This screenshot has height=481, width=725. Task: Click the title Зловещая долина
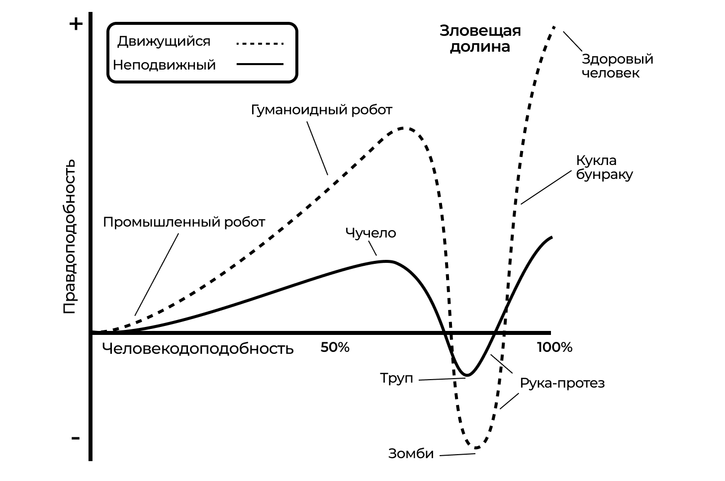click(x=480, y=39)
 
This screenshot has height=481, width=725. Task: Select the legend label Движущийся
click(x=164, y=41)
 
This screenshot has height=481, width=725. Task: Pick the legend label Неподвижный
click(x=164, y=65)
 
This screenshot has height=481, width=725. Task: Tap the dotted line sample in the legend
click(x=260, y=43)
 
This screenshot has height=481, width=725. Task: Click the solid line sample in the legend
click(x=260, y=64)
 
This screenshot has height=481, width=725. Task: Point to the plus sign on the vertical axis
click(x=76, y=24)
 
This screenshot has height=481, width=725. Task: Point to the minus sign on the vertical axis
click(x=76, y=438)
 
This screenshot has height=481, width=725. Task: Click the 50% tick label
click(x=335, y=347)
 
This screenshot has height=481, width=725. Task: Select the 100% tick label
click(x=554, y=347)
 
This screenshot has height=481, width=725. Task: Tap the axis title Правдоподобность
click(x=70, y=236)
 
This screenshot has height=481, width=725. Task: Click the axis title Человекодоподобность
click(x=198, y=348)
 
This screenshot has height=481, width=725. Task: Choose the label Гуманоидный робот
click(x=321, y=109)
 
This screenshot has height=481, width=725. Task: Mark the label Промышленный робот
click(x=184, y=222)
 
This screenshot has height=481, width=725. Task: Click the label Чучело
click(x=370, y=233)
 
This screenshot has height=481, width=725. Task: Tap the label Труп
click(x=396, y=378)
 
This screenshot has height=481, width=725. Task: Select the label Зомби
click(x=411, y=454)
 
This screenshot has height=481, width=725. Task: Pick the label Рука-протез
click(x=562, y=383)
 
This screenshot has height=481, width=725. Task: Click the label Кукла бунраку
click(x=604, y=167)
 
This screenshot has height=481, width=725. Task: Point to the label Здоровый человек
click(x=617, y=66)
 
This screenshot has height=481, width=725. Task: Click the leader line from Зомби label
click(x=457, y=454)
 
